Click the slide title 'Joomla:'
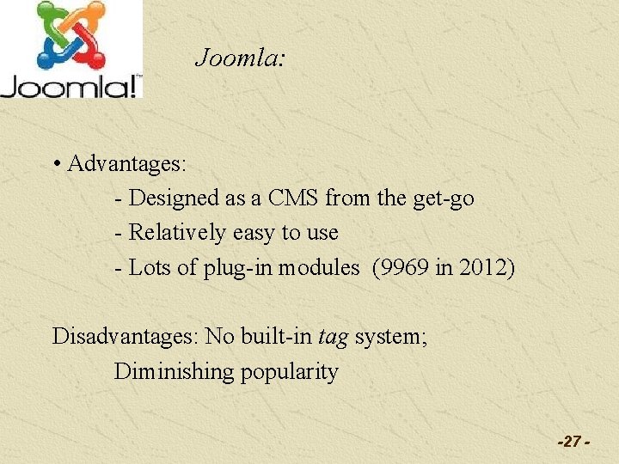239,58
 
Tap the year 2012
483,267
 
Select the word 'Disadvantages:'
125,336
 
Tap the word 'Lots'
150,267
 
